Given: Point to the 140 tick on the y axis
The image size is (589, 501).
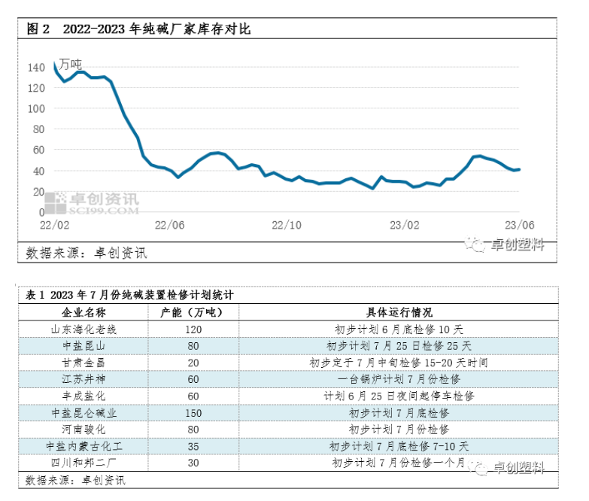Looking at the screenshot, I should tap(36, 68).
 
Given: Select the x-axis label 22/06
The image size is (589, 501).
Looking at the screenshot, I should tap(170, 225).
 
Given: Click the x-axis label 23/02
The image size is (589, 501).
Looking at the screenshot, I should tap(404, 225).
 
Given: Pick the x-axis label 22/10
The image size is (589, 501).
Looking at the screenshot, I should tap(287, 225).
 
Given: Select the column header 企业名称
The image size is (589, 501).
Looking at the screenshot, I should tap(84, 312).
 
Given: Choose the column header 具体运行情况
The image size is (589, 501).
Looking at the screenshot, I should tap(399, 312).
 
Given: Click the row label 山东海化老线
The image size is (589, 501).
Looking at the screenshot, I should tap(84, 329).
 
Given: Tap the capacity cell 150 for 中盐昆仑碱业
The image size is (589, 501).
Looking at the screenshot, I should tap(193, 413).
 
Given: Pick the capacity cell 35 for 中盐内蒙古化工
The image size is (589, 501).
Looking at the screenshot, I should tap(193, 446).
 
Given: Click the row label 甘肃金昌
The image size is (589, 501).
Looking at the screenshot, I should tap(84, 363).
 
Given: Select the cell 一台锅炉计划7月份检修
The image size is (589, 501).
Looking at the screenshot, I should tap(399, 379).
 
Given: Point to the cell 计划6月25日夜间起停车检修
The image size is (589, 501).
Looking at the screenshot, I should tap(399, 396).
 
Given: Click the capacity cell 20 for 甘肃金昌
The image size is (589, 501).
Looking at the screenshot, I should tap(193, 363).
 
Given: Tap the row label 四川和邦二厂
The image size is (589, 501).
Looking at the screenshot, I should tap(84, 463).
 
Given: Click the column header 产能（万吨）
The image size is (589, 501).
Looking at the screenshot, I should tap(193, 312).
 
